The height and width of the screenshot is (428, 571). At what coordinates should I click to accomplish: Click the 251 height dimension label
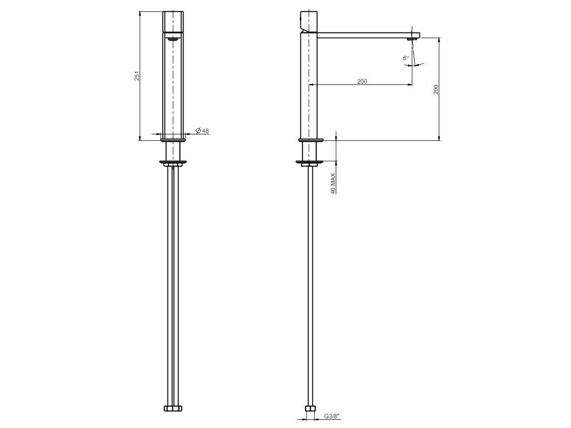tap(137, 76)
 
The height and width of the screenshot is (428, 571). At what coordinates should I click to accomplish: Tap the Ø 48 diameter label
tap(202, 131)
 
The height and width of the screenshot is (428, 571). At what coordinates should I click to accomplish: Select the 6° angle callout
tap(406, 58)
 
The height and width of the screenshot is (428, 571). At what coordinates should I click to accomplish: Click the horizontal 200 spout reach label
tap(362, 81)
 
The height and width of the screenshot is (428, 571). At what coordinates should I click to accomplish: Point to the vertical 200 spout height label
tap(436, 89)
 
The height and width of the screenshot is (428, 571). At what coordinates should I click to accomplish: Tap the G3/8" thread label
tap(332, 416)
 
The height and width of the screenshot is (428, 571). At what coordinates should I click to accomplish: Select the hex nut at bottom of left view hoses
tap(173, 408)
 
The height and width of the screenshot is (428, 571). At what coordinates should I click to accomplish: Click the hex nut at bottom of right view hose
tap(310, 408)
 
